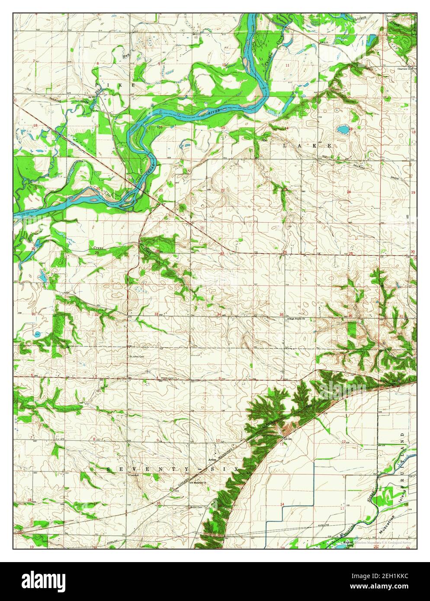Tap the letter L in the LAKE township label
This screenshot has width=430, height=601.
pos(285,146)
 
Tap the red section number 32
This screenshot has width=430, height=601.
pos(96,315)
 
